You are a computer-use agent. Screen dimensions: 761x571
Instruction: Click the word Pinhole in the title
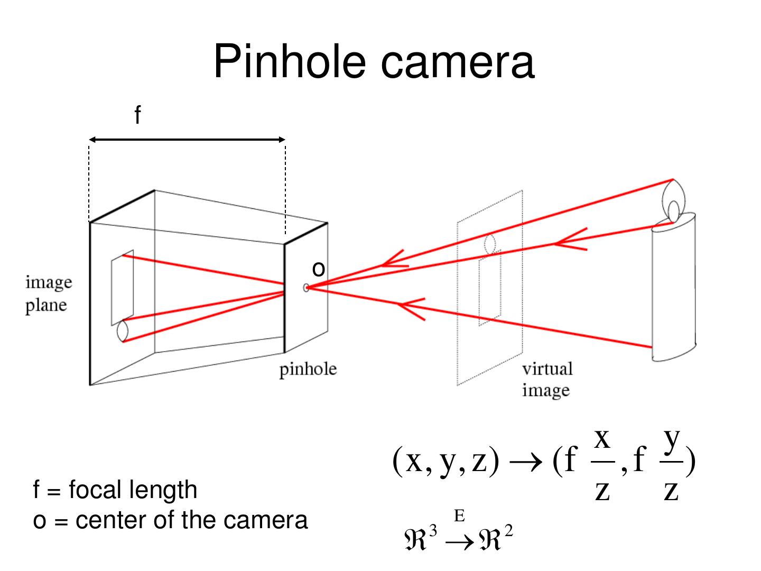tap(290, 62)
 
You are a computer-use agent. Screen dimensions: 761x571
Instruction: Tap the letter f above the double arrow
tap(137, 115)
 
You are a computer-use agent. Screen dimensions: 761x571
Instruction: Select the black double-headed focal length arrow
tap(187, 140)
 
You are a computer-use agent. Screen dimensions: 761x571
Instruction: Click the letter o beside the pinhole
tap(318, 269)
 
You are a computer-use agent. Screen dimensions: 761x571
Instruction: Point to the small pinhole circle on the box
tap(306, 288)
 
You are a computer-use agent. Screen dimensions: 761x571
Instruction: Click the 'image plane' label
tap(48, 293)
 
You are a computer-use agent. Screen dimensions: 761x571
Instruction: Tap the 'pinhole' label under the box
tap(308, 369)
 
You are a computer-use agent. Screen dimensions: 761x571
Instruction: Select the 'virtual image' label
tap(547, 379)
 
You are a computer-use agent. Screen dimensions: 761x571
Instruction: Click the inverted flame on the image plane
tap(122, 331)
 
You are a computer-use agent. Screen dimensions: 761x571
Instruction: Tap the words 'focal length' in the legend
tap(133, 490)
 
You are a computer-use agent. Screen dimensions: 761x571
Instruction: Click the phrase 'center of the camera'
tap(192, 520)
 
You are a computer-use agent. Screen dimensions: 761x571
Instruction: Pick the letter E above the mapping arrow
tap(459, 515)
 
